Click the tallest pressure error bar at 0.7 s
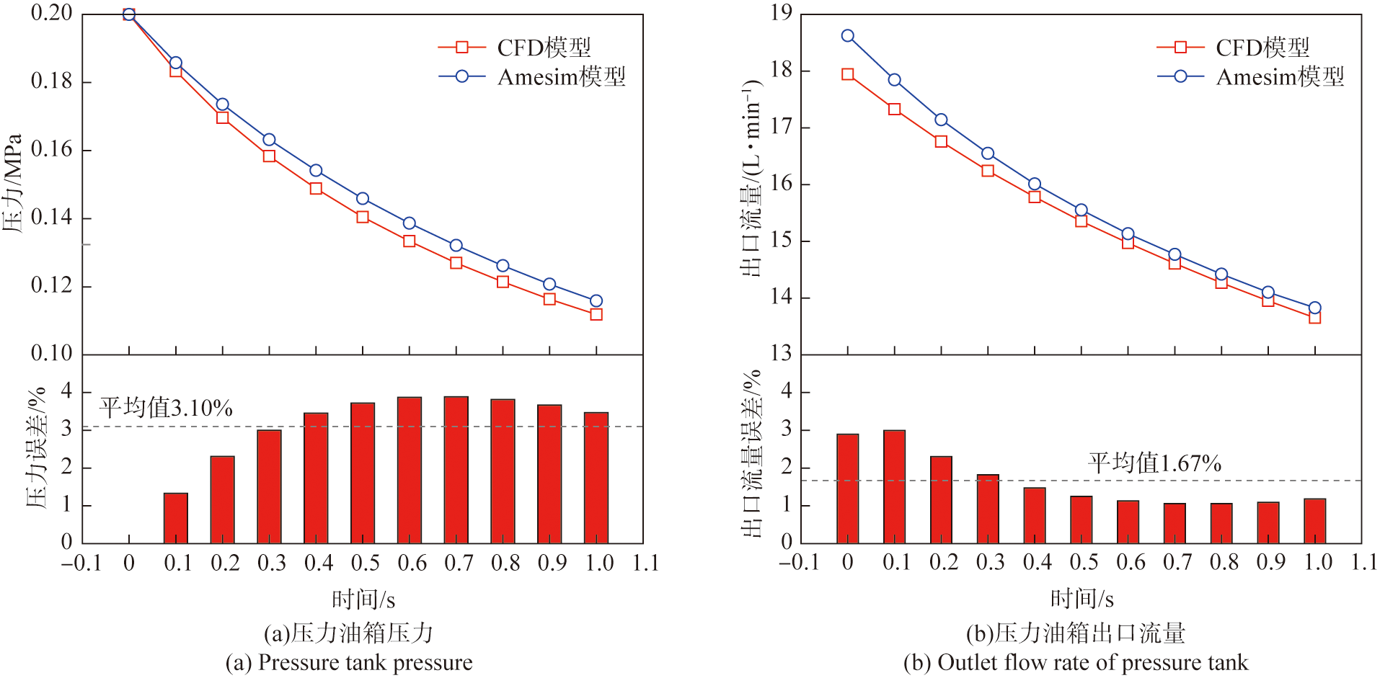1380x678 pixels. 456,469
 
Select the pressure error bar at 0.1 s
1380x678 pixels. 176,517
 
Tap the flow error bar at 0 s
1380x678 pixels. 848,488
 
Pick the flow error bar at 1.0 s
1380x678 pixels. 1314,520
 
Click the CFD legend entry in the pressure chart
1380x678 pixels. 515,48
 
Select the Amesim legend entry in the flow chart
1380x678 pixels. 1251,76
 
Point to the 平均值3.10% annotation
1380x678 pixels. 166,408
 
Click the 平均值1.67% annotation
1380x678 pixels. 1154,463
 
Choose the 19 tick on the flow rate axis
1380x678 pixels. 781,13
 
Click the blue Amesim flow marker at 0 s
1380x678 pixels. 848,36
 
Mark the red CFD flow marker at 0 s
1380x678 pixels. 848,74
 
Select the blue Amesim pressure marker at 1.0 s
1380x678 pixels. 596,301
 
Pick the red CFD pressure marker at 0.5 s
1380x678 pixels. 363,217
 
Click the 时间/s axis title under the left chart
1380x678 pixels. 363,599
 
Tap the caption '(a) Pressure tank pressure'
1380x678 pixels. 349,663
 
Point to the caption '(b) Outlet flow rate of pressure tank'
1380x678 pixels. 1075,663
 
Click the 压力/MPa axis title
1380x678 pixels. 13,183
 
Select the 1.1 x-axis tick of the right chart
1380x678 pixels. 1364,563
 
